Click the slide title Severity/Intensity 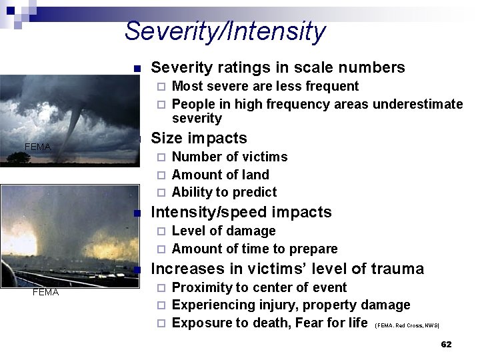tap(225, 31)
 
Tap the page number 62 tap(446, 344)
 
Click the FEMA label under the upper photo tap(37, 146)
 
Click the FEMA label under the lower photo tap(45, 292)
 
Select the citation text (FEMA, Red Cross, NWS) tap(407, 325)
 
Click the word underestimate tap(418, 104)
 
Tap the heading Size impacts tap(199, 138)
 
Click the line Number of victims tap(229, 157)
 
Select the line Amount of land tap(220, 175)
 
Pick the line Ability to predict tap(224, 192)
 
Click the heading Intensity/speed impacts tap(241, 212)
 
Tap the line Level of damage tap(223, 231)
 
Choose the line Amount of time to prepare tap(255, 249)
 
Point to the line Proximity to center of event tap(259, 287)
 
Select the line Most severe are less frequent tap(265, 86)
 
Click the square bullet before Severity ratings tap(137, 69)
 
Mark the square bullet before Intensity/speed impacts tap(137, 213)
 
